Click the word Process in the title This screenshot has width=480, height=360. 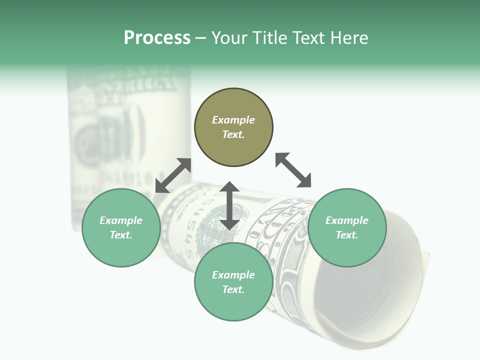pyautogui.click(x=157, y=38)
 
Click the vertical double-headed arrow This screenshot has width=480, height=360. pyautogui.click(x=229, y=205)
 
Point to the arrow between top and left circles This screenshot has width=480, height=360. pyautogui.click(x=173, y=175)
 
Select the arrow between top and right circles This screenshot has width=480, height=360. pyautogui.click(x=293, y=170)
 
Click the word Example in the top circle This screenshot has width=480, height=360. pyautogui.click(x=233, y=120)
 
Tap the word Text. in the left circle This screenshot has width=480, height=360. pyautogui.click(x=121, y=235)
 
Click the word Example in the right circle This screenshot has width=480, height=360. pyautogui.click(x=347, y=220)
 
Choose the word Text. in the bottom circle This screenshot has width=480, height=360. pyautogui.click(x=233, y=289)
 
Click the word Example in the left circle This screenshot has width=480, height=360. pyautogui.click(x=121, y=220)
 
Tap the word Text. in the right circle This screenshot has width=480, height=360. pyautogui.click(x=347, y=235)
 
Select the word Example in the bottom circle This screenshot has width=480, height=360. pyautogui.click(x=233, y=275)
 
